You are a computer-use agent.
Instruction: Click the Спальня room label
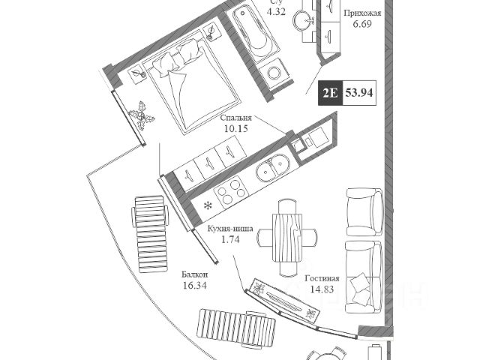[x=235, y=118]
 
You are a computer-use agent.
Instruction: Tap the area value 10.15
[x=235, y=129]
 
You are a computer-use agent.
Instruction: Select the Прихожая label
[x=361, y=13]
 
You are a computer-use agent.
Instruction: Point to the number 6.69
[x=361, y=25]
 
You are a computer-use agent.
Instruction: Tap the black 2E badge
[x=329, y=94]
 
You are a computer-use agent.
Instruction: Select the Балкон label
[x=194, y=274]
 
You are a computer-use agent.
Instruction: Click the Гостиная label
[x=322, y=278]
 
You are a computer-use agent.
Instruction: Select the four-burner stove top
[x=230, y=192]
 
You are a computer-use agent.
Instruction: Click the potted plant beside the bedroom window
[x=141, y=115]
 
